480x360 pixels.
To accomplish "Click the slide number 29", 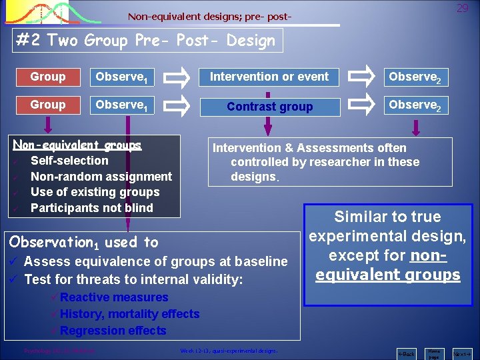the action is (463, 9).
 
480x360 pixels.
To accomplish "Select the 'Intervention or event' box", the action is (269, 77).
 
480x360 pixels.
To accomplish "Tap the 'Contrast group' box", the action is (269, 106).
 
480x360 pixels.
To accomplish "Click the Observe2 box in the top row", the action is (415, 77).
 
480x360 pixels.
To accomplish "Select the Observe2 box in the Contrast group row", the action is (415, 105).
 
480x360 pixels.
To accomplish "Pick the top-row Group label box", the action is (48, 77).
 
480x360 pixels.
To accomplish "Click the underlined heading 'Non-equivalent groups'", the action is (77, 145).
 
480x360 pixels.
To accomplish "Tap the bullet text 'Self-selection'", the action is (69, 161).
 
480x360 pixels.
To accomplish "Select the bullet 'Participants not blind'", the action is (92, 208).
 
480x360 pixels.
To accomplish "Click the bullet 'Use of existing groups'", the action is (95, 192).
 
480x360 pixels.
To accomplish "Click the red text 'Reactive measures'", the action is (114, 297).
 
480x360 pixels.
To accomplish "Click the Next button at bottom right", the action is (461, 354).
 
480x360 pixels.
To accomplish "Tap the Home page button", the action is (434, 354).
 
